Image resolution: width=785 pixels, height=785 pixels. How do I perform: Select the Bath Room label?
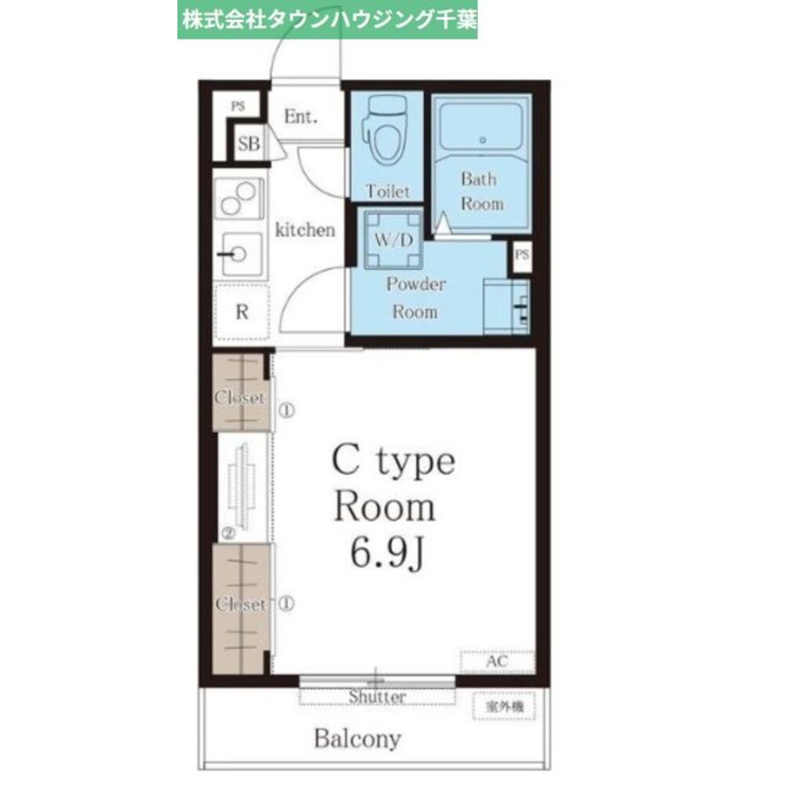(x=480, y=191)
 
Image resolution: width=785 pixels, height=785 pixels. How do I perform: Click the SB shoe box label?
(x=249, y=144)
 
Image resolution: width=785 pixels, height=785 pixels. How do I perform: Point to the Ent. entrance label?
(x=301, y=118)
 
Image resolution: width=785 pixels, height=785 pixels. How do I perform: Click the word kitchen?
(x=305, y=230)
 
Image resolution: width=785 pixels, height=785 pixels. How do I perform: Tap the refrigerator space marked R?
(x=242, y=312)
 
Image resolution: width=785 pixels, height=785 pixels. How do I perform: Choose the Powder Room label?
(x=414, y=298)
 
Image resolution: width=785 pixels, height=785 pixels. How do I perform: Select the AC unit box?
(x=497, y=662)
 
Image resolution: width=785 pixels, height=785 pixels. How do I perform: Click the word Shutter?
(x=377, y=697)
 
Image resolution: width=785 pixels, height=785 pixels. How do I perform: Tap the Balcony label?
(x=357, y=739)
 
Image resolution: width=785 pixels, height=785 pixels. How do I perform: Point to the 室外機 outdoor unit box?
(x=503, y=706)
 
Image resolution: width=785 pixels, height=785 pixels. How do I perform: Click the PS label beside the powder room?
(x=521, y=255)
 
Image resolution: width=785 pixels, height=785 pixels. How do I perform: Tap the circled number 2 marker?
(x=228, y=533)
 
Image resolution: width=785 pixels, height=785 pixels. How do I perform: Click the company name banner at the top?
(x=327, y=19)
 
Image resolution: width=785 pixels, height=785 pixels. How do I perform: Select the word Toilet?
(x=388, y=191)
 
